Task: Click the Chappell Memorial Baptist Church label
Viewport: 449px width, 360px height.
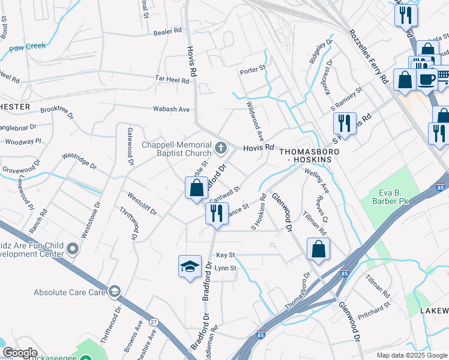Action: [x=176, y=149]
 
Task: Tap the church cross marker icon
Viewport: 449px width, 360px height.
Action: [x=221, y=146]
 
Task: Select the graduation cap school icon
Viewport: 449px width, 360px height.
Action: [x=190, y=266]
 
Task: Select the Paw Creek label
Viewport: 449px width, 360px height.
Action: [x=28, y=46]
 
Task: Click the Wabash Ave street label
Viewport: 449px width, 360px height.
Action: [x=172, y=109]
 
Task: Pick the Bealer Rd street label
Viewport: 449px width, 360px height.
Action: [x=167, y=31]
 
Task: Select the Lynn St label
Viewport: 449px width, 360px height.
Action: [x=226, y=268]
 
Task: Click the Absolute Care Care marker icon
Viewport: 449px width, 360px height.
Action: [x=114, y=292]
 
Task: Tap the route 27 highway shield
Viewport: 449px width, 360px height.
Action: [x=154, y=322]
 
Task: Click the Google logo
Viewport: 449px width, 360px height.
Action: [x=20, y=353]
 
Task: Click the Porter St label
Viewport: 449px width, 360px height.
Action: [x=252, y=70]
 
